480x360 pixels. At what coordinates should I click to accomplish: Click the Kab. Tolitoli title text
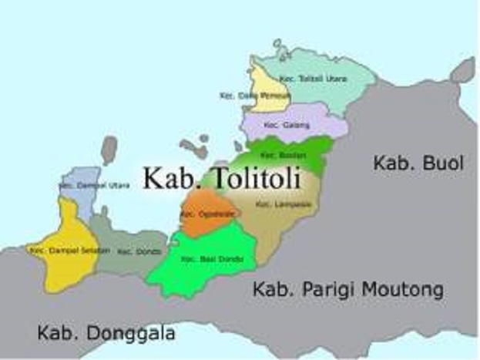coord(220,178)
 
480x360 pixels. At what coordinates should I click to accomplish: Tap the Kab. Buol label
coord(418,163)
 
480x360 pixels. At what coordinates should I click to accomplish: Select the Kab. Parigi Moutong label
coord(348,290)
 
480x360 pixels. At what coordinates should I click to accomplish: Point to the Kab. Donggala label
coord(106,334)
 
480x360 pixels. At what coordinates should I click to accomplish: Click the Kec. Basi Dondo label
coord(201,260)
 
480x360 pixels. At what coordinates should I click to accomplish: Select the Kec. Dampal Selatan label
coord(59,251)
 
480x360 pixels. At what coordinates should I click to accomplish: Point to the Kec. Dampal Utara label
coord(82,186)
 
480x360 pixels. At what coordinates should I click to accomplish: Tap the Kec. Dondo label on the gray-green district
coord(135,251)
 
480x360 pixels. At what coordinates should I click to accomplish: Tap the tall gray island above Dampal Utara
coord(109,150)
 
